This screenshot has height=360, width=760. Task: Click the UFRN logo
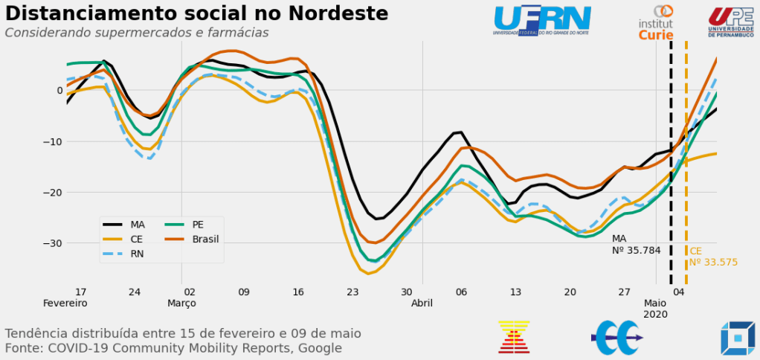coord(541,19)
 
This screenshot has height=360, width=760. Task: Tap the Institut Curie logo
coord(655,23)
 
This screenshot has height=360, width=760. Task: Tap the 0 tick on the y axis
coord(59,91)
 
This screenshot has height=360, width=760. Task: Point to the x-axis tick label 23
coord(352,292)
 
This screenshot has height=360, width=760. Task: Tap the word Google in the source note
coord(320,348)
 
